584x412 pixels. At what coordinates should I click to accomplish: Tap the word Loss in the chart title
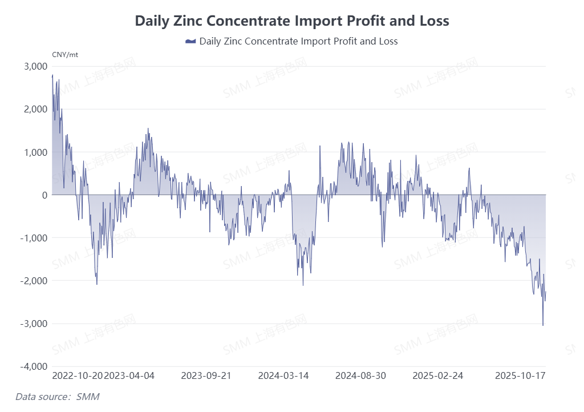432,21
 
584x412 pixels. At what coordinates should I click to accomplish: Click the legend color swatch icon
190,41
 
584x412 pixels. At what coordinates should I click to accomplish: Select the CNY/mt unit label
64,55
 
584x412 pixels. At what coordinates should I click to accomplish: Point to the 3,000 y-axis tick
35,66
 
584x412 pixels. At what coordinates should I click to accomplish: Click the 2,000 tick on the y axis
35,109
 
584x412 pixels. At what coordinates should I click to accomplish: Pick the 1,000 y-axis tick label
35,152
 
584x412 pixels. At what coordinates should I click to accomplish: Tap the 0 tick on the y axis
44,195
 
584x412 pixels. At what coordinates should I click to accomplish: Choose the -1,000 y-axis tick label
34,238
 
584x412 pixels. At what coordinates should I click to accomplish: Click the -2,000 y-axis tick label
34,281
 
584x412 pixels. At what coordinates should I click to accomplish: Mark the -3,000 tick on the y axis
34,324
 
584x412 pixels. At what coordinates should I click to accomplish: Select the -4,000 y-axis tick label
34,366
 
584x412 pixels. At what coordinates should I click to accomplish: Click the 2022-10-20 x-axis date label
78,376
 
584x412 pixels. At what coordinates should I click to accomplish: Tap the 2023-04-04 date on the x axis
129,376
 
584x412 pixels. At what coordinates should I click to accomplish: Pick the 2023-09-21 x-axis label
206,376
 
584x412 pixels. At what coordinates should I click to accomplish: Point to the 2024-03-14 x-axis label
283,376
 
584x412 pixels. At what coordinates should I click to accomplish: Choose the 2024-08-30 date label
360,376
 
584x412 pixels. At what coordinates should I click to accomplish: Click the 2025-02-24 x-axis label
437,376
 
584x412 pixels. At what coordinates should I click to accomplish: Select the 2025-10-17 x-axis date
520,376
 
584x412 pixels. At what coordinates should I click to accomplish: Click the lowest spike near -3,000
542,325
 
